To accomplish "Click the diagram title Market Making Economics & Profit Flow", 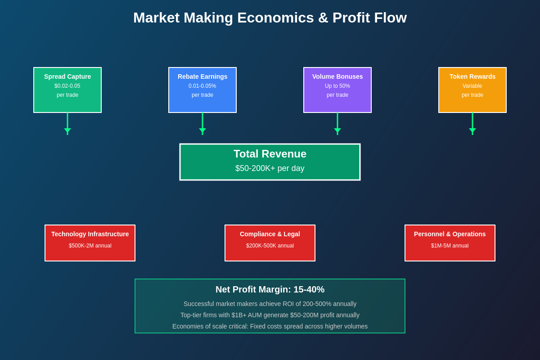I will click(x=270, y=18).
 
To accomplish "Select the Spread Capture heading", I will click(x=67, y=76).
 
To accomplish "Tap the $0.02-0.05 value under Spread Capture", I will click(x=67, y=86).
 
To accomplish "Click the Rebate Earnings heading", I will click(x=202, y=76).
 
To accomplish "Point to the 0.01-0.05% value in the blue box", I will click(x=202, y=86).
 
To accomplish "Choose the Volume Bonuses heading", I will click(x=337, y=76).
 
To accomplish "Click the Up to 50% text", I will click(x=337, y=86).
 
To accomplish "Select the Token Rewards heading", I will click(x=472, y=76).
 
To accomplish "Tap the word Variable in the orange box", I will click(x=472, y=86).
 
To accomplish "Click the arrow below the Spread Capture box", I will click(x=67, y=124).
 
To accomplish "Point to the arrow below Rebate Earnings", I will click(x=202, y=124).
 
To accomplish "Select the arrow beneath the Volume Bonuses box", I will click(x=337, y=124).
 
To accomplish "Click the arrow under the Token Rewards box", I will click(x=472, y=124).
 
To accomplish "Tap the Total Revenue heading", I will click(x=270, y=154).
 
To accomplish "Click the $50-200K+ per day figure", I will click(x=270, y=168).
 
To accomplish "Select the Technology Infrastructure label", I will click(x=90, y=234).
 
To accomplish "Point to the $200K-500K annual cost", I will click(x=270, y=246).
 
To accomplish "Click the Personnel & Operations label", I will click(x=450, y=234).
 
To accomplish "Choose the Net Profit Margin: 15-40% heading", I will click(x=270, y=289).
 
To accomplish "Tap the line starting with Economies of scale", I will click(x=270, y=326).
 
